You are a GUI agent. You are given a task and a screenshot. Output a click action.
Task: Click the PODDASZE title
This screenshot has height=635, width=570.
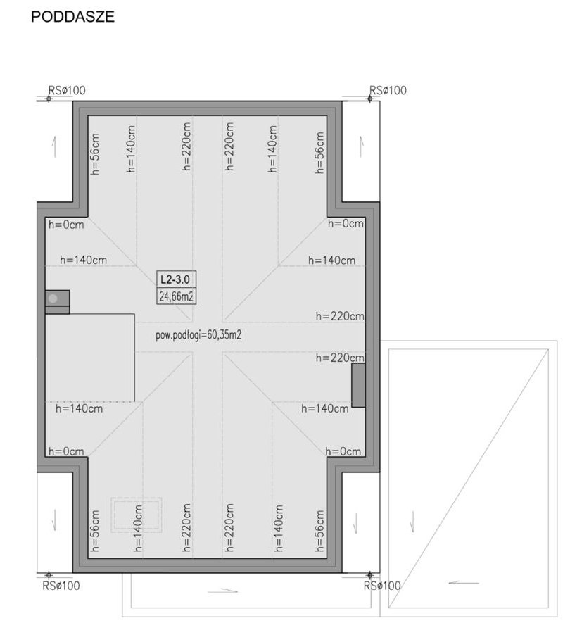click(x=73, y=17)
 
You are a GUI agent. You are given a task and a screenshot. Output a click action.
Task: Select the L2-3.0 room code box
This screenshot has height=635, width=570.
click(x=176, y=279)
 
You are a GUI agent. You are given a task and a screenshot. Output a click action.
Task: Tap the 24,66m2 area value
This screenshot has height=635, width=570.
click(x=176, y=296)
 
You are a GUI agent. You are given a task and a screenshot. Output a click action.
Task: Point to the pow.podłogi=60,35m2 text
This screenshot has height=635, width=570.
click(x=198, y=335)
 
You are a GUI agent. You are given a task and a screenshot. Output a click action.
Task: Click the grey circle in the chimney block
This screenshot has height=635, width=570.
click(x=53, y=299)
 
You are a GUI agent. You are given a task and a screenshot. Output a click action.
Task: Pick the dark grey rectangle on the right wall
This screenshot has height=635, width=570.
click(x=358, y=385)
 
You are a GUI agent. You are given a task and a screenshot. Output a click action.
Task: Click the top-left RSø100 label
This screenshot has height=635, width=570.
click(x=67, y=90)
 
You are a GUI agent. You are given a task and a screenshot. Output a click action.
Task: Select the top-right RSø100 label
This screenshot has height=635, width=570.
click(x=388, y=90)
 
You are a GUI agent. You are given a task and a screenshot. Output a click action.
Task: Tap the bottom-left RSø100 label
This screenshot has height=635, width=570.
click(x=61, y=586)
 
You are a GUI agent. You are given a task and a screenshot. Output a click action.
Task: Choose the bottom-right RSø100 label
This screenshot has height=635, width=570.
click(x=382, y=586)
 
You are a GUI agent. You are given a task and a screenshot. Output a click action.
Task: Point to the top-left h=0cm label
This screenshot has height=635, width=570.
click(x=66, y=225)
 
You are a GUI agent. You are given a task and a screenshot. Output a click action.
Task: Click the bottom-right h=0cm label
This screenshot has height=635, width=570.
click(x=343, y=451)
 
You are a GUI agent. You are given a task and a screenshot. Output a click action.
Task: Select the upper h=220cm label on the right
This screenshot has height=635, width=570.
click(x=340, y=316)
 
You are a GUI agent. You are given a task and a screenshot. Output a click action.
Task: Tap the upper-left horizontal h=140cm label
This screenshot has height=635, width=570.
click(x=84, y=260)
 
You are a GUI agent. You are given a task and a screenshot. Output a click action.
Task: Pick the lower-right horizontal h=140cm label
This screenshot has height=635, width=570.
click(x=325, y=408)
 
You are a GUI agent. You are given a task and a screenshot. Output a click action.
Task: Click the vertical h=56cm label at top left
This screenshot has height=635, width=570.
click(x=95, y=154)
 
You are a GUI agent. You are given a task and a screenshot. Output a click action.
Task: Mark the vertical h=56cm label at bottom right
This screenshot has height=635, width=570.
click(x=319, y=531)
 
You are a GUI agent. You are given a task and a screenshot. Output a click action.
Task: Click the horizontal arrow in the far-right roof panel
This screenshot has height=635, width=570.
click(x=464, y=583)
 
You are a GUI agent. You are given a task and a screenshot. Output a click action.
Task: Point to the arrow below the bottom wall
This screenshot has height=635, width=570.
click(x=223, y=591)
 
